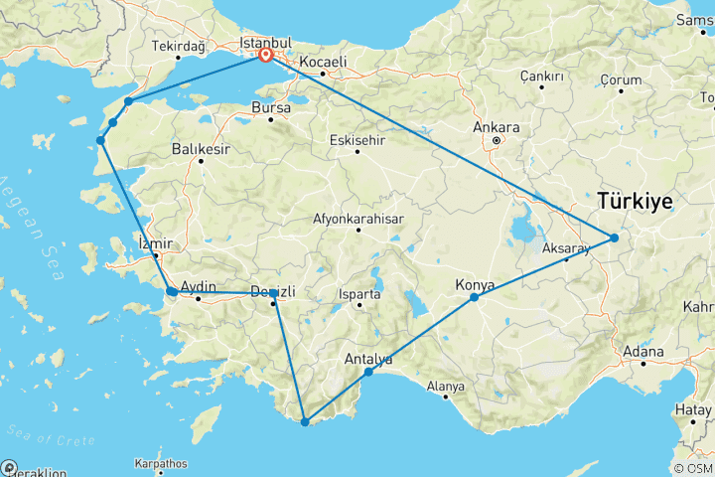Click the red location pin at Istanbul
(266, 56)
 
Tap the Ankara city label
(497, 127)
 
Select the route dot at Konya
(475, 297)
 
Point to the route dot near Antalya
(368, 372)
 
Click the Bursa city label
(270, 106)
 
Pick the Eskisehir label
(357, 140)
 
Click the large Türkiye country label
(636, 201)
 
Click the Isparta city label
(359, 295)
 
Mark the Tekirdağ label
(178, 46)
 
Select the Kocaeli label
(323, 61)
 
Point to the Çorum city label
(619, 80)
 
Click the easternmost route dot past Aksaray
(614, 238)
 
